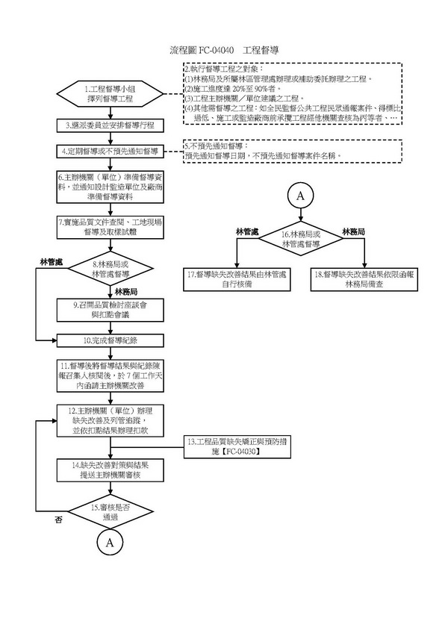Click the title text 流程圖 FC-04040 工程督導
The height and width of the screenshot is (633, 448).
pos(224,50)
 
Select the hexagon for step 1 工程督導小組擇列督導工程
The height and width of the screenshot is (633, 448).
pos(109,94)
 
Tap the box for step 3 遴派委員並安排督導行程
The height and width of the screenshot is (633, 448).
pos(109,125)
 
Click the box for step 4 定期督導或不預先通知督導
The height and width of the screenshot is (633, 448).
pos(109,152)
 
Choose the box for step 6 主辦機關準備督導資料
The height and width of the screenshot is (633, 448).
pos(109,187)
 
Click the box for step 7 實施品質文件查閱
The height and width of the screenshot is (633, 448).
pos(109,228)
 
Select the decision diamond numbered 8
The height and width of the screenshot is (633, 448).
pos(109,269)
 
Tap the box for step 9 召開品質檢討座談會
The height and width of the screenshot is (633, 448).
pos(109,309)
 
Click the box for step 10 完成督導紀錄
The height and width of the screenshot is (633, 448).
pos(109,340)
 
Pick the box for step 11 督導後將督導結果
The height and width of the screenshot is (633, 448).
pos(109,376)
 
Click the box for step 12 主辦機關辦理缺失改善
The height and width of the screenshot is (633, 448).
pos(109,420)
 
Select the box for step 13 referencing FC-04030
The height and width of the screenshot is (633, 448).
pos(235,447)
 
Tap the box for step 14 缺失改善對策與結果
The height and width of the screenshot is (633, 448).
pos(109,471)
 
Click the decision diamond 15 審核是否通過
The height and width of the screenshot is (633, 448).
pos(109,511)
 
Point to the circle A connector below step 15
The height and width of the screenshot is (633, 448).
pos(109,543)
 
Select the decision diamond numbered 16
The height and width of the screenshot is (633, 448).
pos(301,240)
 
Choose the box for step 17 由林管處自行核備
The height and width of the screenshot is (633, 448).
pos(237,278)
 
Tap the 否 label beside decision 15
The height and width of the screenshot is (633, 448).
pos(57,520)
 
